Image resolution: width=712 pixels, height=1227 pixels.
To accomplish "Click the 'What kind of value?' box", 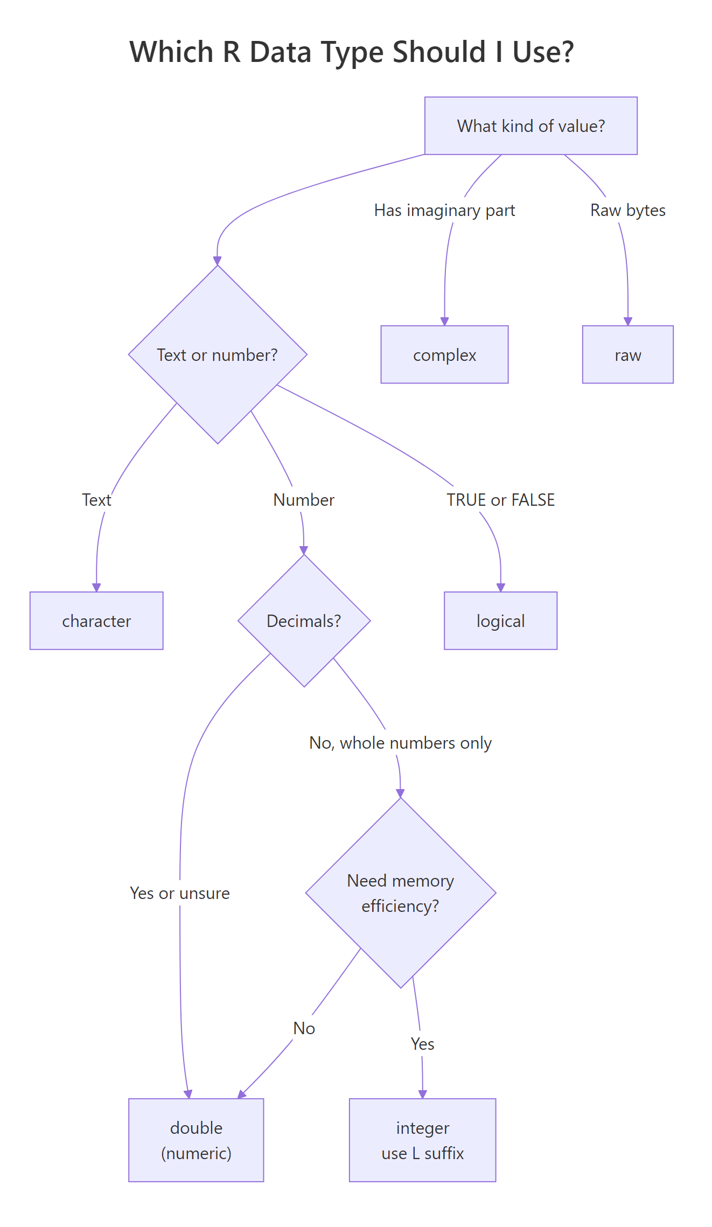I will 530,126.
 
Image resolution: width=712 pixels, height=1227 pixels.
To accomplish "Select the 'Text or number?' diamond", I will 218,354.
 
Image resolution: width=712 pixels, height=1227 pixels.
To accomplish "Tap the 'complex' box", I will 444,354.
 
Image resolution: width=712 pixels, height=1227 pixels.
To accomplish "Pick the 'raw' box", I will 627,354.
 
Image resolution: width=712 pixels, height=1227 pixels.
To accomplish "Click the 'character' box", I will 96,621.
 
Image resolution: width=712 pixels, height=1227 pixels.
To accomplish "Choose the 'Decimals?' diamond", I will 304,621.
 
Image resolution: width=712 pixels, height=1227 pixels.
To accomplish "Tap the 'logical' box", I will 500,621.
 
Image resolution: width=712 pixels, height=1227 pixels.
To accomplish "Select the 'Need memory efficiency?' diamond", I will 400,893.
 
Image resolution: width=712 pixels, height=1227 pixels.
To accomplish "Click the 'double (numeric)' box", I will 196,1140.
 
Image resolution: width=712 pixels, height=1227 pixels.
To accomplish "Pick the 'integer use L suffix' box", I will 422,1140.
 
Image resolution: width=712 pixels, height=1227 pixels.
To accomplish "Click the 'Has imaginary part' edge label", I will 444,210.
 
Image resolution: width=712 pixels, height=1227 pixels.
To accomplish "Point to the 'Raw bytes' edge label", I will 627,210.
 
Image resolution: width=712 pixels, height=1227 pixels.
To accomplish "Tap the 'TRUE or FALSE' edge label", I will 500,500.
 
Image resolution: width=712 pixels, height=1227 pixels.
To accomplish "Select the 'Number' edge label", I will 304,500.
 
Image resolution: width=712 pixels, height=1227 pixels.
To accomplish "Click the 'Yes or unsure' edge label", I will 180,893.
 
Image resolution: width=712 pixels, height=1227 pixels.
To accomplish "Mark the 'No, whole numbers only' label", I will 400,743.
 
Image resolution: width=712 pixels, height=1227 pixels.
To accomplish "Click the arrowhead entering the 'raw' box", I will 628,321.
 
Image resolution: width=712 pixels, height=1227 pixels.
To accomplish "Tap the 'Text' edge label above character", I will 96,500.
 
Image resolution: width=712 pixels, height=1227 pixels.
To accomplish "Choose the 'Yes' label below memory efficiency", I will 422,1044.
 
